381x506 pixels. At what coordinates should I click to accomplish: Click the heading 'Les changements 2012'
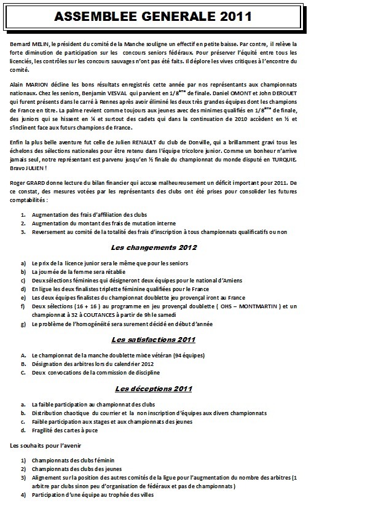(x=154, y=247)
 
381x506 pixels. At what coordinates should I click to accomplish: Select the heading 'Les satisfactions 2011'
(x=153, y=340)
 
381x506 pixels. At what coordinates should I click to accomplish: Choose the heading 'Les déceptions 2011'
(x=153, y=389)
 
